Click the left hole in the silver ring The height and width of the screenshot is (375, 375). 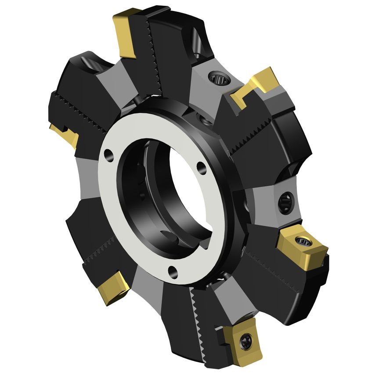coord(107,154)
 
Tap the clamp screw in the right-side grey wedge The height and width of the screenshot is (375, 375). coord(284,201)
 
